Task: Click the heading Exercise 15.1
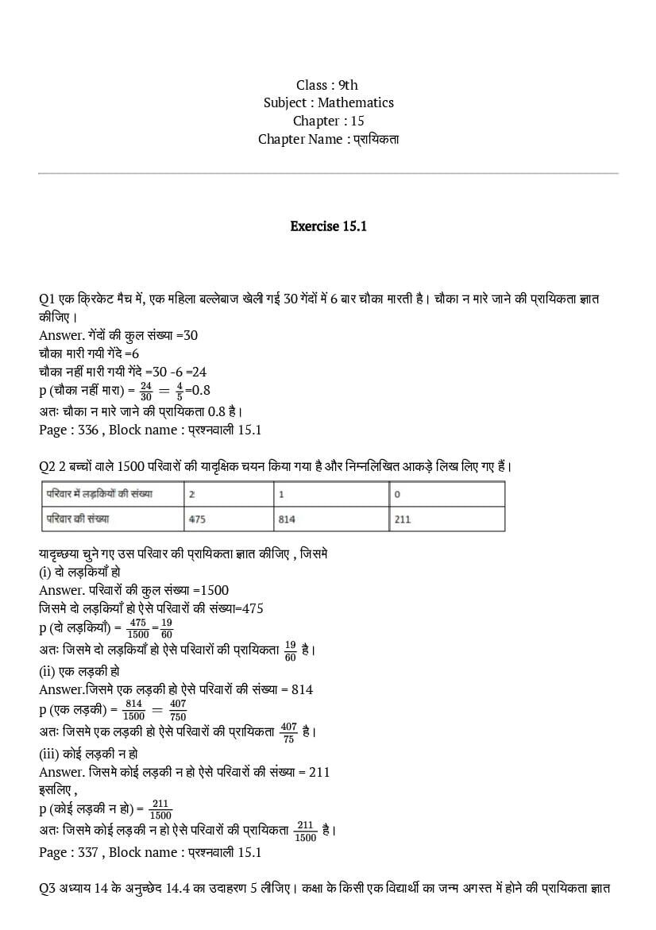pyautogui.click(x=328, y=226)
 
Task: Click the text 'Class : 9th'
pyautogui.click(x=327, y=85)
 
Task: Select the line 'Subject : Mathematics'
pyautogui.click(x=328, y=102)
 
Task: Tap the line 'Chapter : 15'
pyautogui.click(x=328, y=121)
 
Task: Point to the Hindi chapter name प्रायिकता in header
pyautogui.click(x=376, y=139)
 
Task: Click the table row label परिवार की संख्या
pyautogui.click(x=77, y=519)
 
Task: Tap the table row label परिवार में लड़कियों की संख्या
pyautogui.click(x=99, y=494)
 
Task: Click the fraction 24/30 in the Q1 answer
pyautogui.click(x=145, y=390)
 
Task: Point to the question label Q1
pyautogui.click(x=46, y=299)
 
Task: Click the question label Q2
pyautogui.click(x=46, y=465)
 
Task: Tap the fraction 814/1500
pyautogui.click(x=133, y=710)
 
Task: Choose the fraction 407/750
pyautogui.click(x=177, y=710)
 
